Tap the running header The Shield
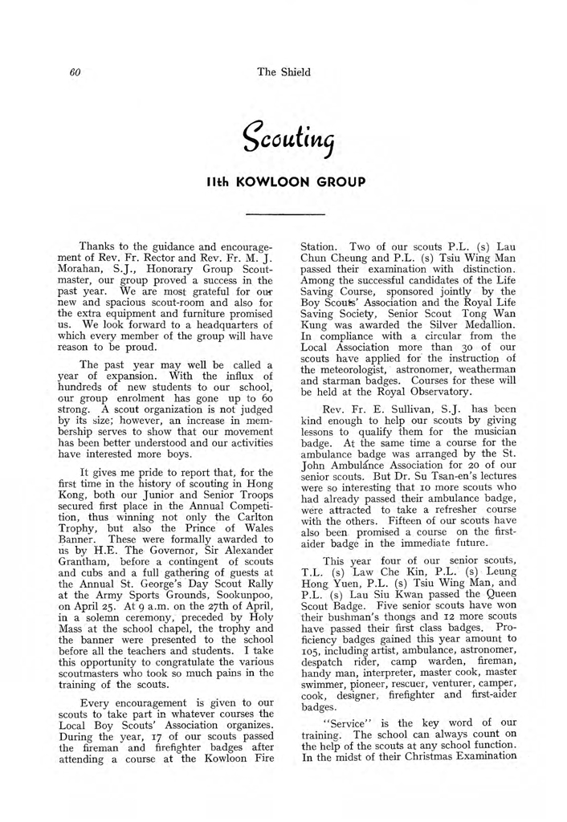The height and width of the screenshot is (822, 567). [283, 72]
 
